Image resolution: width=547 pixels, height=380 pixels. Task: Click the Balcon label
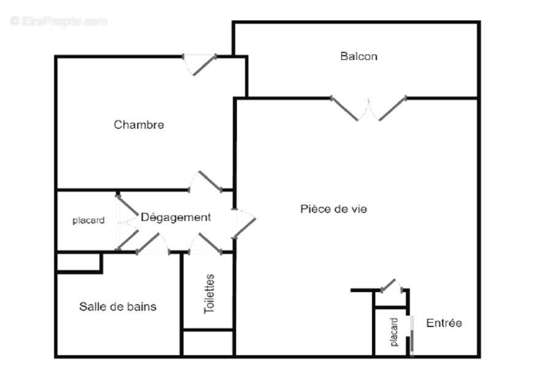tap(359, 56)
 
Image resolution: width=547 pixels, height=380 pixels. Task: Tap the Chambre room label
tap(139, 125)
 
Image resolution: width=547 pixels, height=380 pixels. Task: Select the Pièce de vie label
tap(333, 209)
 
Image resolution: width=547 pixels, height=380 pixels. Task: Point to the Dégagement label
tap(176, 217)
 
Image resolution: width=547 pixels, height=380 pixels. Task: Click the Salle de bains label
tap(117, 306)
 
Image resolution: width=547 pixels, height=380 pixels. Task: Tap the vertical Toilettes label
tap(209, 294)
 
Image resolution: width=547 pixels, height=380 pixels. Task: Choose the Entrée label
tap(444, 323)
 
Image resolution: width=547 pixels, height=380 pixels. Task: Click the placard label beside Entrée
tap(394, 332)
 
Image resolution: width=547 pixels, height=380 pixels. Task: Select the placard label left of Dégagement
tap(88, 220)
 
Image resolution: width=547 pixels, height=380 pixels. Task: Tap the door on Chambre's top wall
tap(201, 64)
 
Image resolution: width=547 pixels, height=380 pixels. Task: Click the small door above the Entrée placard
tap(391, 285)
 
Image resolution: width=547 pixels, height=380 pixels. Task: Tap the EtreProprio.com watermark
tap(59, 21)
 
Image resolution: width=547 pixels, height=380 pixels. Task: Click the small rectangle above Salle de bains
tap(79, 262)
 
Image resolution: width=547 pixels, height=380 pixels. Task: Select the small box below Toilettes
tap(208, 343)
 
